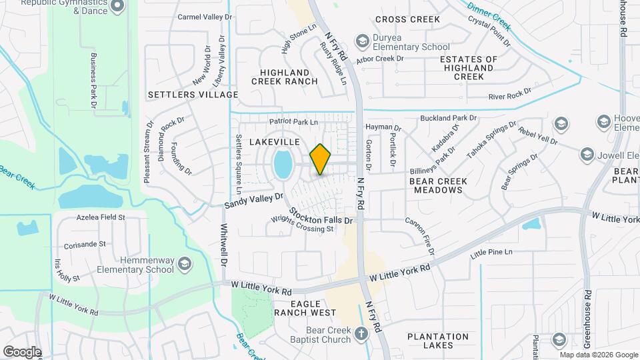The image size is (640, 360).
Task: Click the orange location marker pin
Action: pos(321,159)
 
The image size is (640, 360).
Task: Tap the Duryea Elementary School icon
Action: pos(362,41)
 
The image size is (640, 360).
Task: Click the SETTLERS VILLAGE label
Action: pos(193,95)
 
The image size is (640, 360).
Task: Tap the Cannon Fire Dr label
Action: pos(420,237)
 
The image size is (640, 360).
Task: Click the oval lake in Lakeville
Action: pos(283,164)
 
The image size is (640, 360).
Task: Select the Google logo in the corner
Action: pos(22,352)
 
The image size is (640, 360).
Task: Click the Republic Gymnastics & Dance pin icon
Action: pos(118,6)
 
